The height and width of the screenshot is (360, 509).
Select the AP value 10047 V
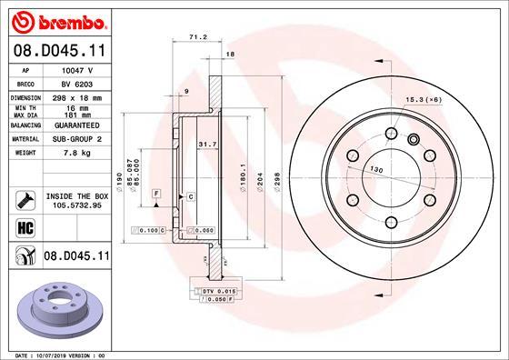click(78, 69)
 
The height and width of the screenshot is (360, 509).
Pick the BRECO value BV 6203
click(78, 83)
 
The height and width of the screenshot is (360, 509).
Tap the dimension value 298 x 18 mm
click(78, 96)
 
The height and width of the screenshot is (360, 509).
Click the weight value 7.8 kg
click(78, 154)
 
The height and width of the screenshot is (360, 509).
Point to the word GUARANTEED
click(78, 125)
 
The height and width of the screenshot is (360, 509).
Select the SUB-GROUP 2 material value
click(78, 140)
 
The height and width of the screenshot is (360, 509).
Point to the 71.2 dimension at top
click(193, 38)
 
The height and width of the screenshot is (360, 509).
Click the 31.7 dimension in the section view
click(206, 143)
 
